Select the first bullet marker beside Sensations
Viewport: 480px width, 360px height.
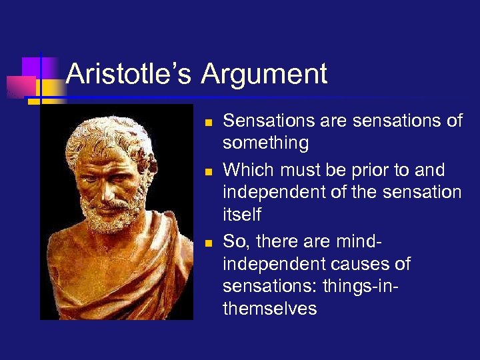pyautogui.click(x=209, y=123)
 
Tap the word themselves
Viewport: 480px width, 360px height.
pyautogui.click(x=269, y=309)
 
